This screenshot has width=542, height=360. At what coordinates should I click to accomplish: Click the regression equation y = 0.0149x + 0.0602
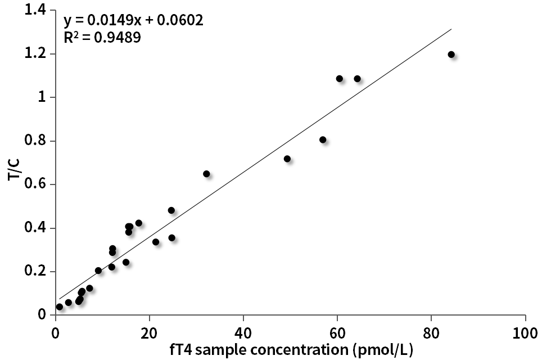coord(133,21)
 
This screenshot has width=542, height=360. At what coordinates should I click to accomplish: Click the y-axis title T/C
coord(15,168)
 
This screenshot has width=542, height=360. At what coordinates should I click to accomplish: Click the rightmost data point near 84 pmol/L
coord(451,55)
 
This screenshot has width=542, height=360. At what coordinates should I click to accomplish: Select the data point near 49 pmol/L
coord(287,159)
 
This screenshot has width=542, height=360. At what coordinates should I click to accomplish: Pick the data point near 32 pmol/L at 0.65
coord(206,174)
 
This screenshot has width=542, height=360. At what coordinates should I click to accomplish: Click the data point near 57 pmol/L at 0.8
coord(323,139)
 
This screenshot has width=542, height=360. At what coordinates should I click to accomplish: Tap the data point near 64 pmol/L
coord(357,79)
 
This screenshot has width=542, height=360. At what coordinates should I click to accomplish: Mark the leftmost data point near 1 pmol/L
coord(60,307)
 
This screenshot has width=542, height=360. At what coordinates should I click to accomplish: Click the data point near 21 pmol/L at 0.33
coord(156,242)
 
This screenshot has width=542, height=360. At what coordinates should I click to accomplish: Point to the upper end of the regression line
coord(451,29)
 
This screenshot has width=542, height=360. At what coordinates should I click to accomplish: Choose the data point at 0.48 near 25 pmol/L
coord(171,210)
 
